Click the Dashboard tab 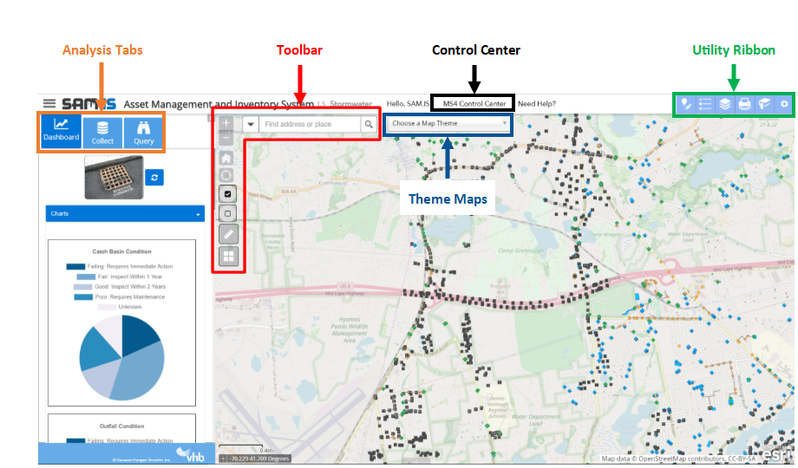click(61, 130)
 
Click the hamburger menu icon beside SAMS click(49, 103)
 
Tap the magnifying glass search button click(369, 124)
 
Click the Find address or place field click(310, 124)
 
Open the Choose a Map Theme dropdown click(448, 123)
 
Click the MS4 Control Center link click(474, 104)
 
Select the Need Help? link click(537, 104)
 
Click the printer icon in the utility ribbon click(744, 104)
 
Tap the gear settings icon click(784, 104)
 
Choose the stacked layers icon click(724, 104)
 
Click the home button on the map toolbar click(226, 159)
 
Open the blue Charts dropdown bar click(125, 213)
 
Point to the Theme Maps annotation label click(448, 198)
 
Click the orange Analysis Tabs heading click(102, 50)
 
